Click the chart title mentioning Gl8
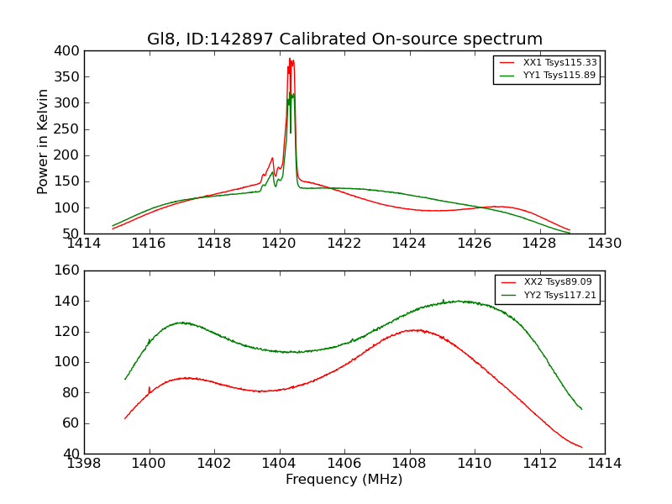point(344,39)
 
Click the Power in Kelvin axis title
point(43,142)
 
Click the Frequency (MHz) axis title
point(344,480)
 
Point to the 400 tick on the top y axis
point(69,51)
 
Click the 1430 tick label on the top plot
point(604,244)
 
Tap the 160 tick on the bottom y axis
point(69,270)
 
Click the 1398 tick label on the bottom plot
point(84,463)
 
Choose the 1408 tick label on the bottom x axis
point(409,463)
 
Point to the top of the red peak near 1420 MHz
point(290,59)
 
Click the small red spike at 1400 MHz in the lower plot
point(150,387)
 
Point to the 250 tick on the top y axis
point(69,129)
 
